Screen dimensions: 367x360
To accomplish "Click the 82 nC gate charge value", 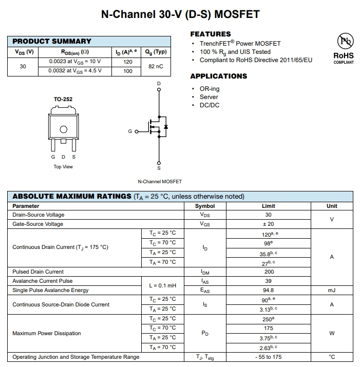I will click(155, 66).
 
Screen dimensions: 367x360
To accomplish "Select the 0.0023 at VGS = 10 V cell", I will click(75, 62).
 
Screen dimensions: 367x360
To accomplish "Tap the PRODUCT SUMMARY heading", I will click(52, 41).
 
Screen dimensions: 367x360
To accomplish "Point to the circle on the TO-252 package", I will click(63, 129).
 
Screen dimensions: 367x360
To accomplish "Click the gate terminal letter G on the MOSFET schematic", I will click(130, 131).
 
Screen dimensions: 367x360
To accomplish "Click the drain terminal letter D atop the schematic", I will click(159, 83).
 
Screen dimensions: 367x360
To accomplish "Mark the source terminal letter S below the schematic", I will click(159, 168).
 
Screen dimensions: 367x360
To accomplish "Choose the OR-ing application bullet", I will click(210, 89).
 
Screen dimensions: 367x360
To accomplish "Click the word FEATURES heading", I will click(211, 34).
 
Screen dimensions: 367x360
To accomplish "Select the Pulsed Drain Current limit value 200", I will click(269, 272).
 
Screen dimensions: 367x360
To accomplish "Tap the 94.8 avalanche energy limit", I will click(269, 290).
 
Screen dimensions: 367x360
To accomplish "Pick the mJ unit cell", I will click(332, 290).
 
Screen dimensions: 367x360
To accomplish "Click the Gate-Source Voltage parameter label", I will click(38, 224).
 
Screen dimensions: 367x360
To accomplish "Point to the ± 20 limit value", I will click(269, 224).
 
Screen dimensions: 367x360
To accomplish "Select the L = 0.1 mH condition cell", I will click(162, 285).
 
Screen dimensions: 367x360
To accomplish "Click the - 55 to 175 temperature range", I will click(269, 357).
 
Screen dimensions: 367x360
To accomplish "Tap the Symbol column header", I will click(205, 206).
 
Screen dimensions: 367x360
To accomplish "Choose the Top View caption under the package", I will click(63, 167).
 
